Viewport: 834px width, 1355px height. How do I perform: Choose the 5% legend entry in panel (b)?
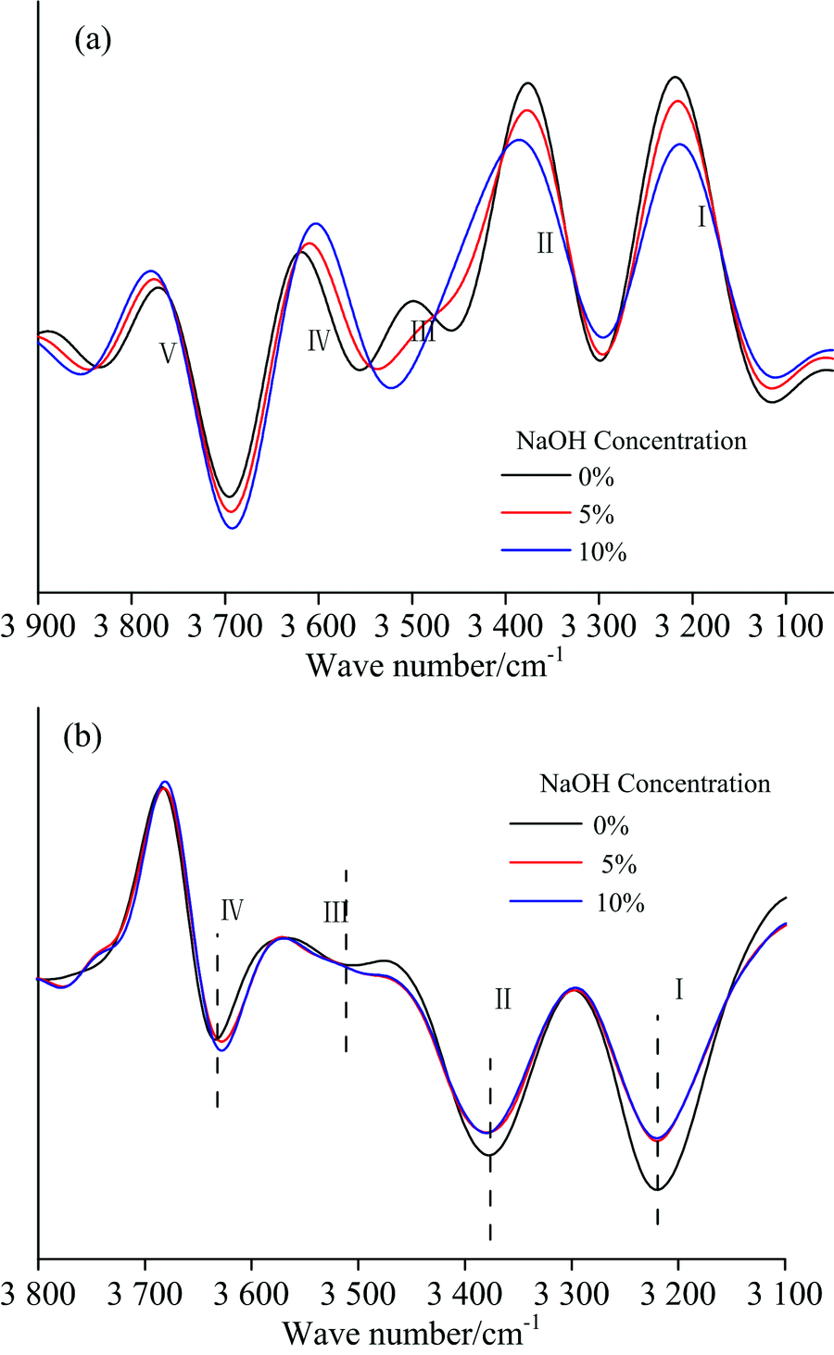tap(617, 864)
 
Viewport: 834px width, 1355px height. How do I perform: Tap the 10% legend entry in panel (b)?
tap(620, 902)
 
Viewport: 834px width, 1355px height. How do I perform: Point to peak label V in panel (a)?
tap(168, 353)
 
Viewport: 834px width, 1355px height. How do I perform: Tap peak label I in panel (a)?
tap(701, 218)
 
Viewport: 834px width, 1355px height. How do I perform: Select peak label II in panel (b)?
tap(503, 999)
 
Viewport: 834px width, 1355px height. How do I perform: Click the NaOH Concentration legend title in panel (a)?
tap(631, 440)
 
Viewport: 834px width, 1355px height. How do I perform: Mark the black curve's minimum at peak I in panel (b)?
tap(657, 1190)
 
